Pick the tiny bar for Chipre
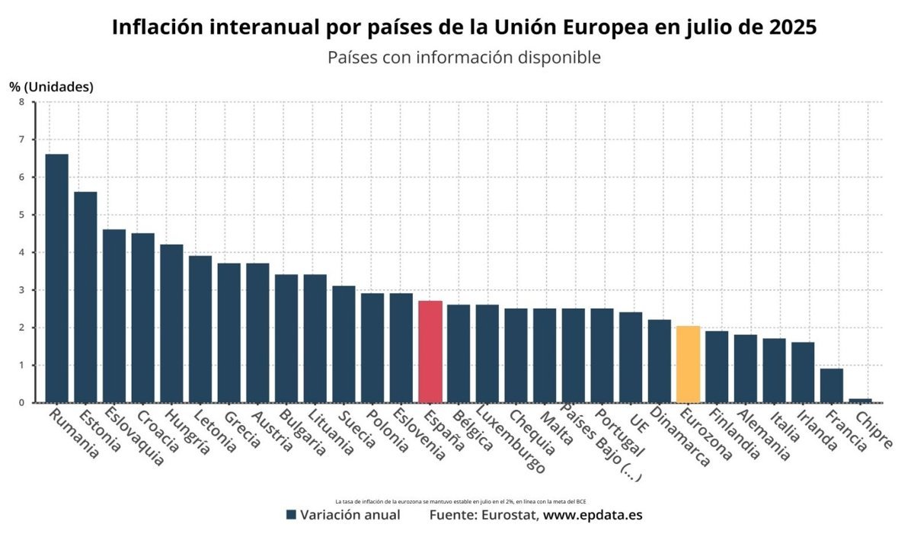[x=860, y=400]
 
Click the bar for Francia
[x=832, y=385]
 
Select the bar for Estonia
[x=85, y=297]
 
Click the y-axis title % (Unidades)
[x=51, y=87]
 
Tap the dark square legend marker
[x=291, y=515]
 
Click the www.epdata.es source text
[x=593, y=515]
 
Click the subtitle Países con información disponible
[x=465, y=58]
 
